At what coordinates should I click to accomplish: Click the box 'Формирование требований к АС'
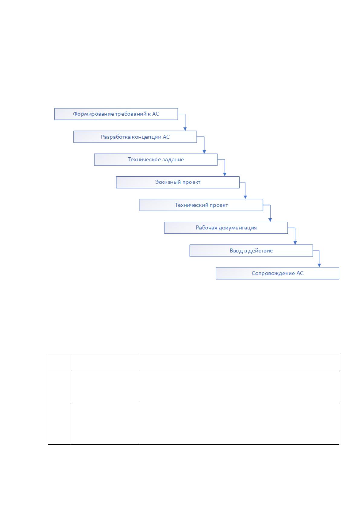point(116,114)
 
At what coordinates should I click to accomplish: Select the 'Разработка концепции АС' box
point(135,137)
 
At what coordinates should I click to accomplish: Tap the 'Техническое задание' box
point(156,160)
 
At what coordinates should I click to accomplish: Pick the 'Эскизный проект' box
point(178,182)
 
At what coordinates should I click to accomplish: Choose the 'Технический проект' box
point(201,205)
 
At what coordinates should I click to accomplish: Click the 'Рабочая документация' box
point(226,228)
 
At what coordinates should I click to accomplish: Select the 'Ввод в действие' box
point(251,250)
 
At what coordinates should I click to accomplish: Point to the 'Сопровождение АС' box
point(277,273)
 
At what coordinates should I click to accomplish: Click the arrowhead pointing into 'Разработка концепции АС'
point(185,129)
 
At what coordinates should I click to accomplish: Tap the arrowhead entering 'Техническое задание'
point(204,152)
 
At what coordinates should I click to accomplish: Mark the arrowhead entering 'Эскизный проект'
point(225,174)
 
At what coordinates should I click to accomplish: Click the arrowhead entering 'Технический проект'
point(245,197)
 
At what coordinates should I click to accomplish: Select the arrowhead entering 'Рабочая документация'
point(270,220)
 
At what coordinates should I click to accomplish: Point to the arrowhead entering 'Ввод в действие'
point(295,243)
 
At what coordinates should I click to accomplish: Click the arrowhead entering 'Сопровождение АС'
point(319,265)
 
